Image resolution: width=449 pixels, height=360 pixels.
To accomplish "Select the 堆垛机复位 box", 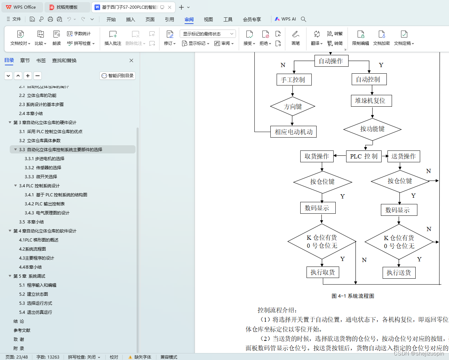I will (371, 101).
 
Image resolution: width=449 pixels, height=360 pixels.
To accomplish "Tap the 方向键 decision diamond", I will (293, 107).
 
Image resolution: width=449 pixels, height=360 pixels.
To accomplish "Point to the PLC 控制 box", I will (364, 156).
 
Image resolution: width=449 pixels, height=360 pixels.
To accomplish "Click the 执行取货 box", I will (323, 272).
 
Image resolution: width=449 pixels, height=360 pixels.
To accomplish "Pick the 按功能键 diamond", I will (372, 129).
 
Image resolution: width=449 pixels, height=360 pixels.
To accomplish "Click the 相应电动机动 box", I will (294, 132).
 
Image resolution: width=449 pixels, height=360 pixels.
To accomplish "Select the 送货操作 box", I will (403, 156).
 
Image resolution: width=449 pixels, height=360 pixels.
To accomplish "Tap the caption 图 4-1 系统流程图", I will (353, 296).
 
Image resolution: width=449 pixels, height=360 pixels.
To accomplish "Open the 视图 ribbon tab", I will (208, 19).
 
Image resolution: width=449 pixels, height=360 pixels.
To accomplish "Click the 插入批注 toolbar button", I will (113, 38).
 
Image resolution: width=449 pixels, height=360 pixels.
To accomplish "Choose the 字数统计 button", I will (79, 34).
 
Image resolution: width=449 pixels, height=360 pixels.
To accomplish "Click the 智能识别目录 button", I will (117, 76).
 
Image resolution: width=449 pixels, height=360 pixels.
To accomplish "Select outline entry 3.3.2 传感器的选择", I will (43, 168).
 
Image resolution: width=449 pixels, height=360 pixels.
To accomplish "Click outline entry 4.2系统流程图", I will (32, 249).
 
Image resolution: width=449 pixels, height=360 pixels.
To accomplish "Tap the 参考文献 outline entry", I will (22, 330).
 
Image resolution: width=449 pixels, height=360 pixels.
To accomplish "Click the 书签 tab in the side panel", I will (41, 60).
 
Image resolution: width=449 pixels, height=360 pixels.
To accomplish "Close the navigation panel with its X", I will (131, 60).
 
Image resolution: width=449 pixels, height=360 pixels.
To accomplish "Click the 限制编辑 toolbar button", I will (360, 38).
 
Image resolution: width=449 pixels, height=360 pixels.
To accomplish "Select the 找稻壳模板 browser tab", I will (67, 7).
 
